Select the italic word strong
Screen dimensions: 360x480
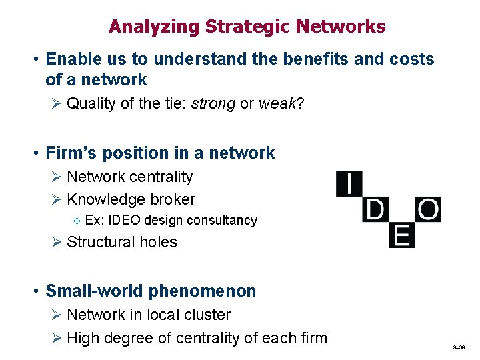[x=213, y=103]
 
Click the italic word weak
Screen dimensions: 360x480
[x=277, y=103]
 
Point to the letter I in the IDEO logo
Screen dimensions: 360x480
[x=349, y=183]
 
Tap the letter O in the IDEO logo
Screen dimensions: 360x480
[x=427, y=210]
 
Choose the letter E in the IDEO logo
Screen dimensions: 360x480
[x=401, y=235]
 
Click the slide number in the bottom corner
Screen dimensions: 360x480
[x=458, y=348]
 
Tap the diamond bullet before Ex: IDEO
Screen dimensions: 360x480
[x=77, y=221]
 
